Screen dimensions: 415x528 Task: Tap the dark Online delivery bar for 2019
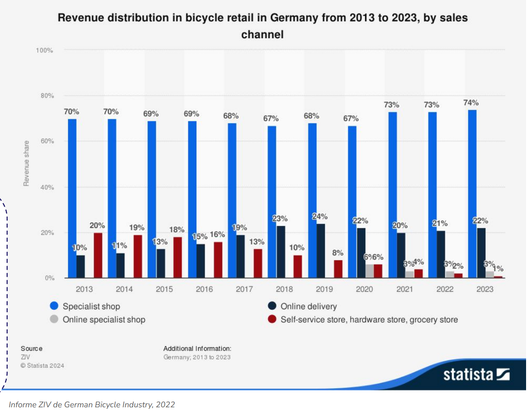pyautogui.click(x=320, y=251)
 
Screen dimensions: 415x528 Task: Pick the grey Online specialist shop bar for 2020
pyautogui.click(x=369, y=271)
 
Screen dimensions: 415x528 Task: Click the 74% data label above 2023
pyautogui.click(x=471, y=103)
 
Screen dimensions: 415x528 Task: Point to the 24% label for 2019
pyautogui.click(x=319, y=217)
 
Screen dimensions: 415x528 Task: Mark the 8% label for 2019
pyautogui.click(x=338, y=253)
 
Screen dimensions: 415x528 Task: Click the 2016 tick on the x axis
pyautogui.click(x=204, y=289)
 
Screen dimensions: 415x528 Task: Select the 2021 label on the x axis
pyautogui.click(x=404, y=289)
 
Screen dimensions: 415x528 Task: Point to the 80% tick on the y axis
pyautogui.click(x=47, y=96)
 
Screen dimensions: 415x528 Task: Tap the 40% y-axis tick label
pyautogui.click(x=47, y=187)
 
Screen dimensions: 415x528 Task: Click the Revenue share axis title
pyautogui.click(x=26, y=163)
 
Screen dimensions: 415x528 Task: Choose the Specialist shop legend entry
pyautogui.click(x=91, y=306)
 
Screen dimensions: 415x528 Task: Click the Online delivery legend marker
pyautogui.click(x=272, y=306)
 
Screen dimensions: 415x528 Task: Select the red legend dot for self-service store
pyautogui.click(x=272, y=319)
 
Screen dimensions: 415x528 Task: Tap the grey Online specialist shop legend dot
pyautogui.click(x=54, y=319)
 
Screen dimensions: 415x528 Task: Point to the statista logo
pyautogui.click(x=476, y=375)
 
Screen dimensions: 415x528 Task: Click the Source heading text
pyautogui.click(x=32, y=348)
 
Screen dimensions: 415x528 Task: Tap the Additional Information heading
pyautogui.click(x=197, y=348)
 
